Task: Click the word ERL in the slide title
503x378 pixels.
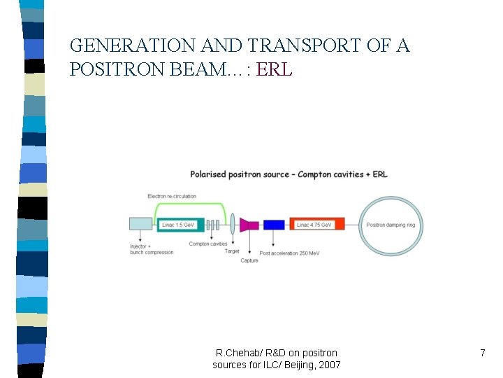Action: pyautogui.click(x=275, y=69)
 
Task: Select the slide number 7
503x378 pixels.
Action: pyautogui.click(x=482, y=353)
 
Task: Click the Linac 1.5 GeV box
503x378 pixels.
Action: pyautogui.click(x=180, y=225)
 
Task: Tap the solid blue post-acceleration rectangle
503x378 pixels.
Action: pyautogui.click(x=273, y=225)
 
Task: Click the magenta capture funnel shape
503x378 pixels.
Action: pyautogui.click(x=249, y=225)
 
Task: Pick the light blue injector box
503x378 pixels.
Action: pyautogui.click(x=141, y=224)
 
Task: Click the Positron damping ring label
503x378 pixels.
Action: pyautogui.click(x=390, y=225)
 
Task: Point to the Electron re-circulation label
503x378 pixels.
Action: pyautogui.click(x=172, y=196)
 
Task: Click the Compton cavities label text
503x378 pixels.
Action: pyautogui.click(x=208, y=244)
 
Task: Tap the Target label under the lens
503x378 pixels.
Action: pyautogui.click(x=232, y=251)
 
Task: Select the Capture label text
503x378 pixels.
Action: pyautogui.click(x=249, y=260)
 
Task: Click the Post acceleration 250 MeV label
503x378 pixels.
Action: pyautogui.click(x=290, y=253)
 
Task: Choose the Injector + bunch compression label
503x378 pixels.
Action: pyautogui.click(x=152, y=249)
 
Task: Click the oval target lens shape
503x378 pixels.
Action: pyautogui.click(x=232, y=225)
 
